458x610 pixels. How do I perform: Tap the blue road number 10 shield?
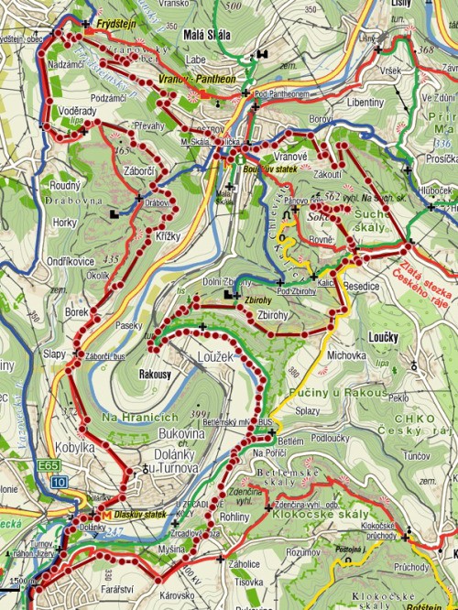pos(59,481)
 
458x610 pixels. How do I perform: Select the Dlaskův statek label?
pos(139,514)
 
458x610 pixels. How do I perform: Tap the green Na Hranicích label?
pos(137,417)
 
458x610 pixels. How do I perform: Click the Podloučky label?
pos(333,438)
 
